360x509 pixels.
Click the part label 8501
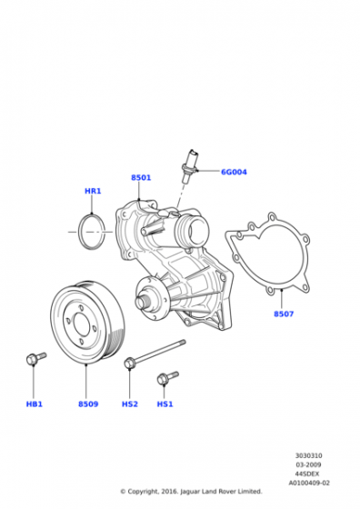140,177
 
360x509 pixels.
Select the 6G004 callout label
234,172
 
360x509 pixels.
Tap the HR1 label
93,191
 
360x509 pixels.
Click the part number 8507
284,314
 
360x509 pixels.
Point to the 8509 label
87,404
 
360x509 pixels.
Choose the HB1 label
35,404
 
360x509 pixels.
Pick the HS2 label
129,404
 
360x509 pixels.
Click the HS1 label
165,404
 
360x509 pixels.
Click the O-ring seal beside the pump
92,231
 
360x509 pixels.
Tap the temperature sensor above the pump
191,162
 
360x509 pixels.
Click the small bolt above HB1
35,361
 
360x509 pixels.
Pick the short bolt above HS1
166,376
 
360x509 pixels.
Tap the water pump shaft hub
144,297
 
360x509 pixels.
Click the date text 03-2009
306,465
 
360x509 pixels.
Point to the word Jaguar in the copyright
186,492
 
